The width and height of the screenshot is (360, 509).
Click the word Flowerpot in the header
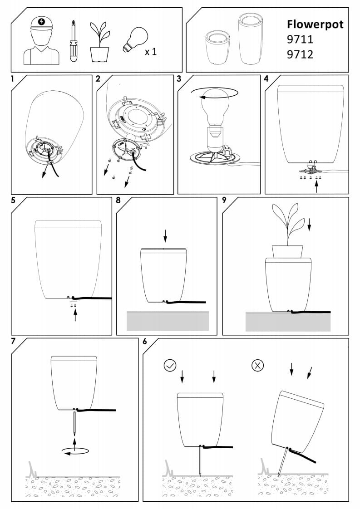tap(315, 24)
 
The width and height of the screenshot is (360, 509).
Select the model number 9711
tap(300, 39)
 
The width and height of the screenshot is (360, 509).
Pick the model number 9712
tap(300, 54)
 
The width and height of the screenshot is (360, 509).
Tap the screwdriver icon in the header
tap(74, 41)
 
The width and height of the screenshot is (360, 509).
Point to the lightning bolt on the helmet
tap(41, 22)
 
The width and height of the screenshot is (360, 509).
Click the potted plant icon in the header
tap(100, 42)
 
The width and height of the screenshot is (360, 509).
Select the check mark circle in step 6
tap(170, 366)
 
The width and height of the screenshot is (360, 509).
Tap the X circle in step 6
tap(258, 366)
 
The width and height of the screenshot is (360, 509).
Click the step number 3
tap(179, 79)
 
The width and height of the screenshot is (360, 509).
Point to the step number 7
tap(13, 341)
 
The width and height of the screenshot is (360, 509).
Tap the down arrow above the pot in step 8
tap(165, 235)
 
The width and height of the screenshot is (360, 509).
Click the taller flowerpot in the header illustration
tap(251, 39)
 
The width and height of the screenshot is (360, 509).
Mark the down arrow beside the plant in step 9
tap(309, 224)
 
